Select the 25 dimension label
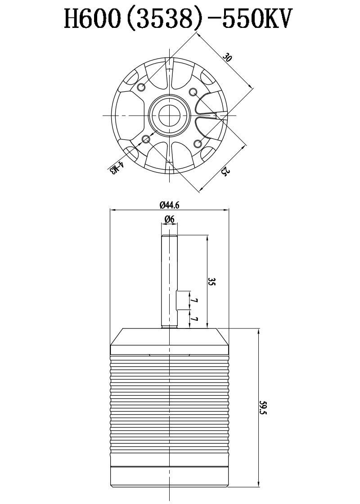coord(225,172)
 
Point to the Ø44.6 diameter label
coord(169,205)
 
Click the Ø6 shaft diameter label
coord(169,220)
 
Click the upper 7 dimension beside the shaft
coord(194,301)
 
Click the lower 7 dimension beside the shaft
coord(194,319)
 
